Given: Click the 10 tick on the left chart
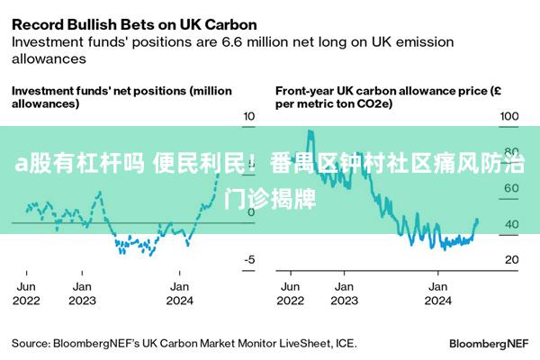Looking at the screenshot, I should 249,116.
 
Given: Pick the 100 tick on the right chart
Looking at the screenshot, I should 509,116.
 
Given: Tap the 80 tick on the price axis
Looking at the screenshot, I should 511,152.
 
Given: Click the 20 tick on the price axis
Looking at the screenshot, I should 511,260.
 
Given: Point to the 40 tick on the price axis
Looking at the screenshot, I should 511,224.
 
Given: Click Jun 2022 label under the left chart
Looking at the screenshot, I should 27,293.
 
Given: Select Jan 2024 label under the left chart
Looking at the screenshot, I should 180,293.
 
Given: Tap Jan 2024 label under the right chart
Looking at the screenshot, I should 438,293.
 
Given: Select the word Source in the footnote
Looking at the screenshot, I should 31,343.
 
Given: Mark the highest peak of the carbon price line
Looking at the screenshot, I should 310,131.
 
